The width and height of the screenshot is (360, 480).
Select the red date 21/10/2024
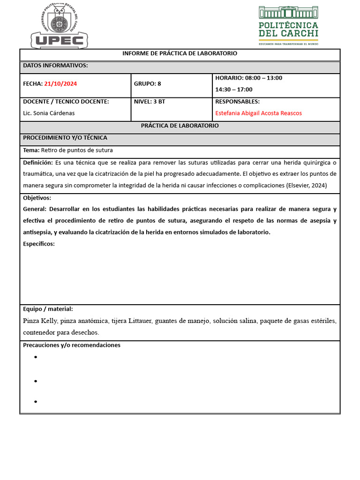60,84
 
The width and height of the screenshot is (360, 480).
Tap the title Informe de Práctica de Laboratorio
180,53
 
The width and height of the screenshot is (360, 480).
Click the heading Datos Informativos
55,66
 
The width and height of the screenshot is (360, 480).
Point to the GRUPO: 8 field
147,84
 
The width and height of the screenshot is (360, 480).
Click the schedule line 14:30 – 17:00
233,90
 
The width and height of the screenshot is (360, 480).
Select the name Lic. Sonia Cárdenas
49,113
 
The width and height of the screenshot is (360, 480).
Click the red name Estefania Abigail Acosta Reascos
258,113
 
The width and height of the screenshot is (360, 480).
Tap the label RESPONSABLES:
237,102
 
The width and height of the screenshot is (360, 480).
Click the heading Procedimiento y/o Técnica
65,138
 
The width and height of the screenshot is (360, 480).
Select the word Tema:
31,150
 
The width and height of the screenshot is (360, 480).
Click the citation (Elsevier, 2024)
306,186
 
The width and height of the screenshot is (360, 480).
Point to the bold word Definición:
38,163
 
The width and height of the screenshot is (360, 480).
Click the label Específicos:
39,244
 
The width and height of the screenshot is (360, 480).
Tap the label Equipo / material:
48,309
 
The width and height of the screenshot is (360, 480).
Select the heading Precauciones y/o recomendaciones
72,345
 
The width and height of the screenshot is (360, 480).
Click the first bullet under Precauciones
35,358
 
